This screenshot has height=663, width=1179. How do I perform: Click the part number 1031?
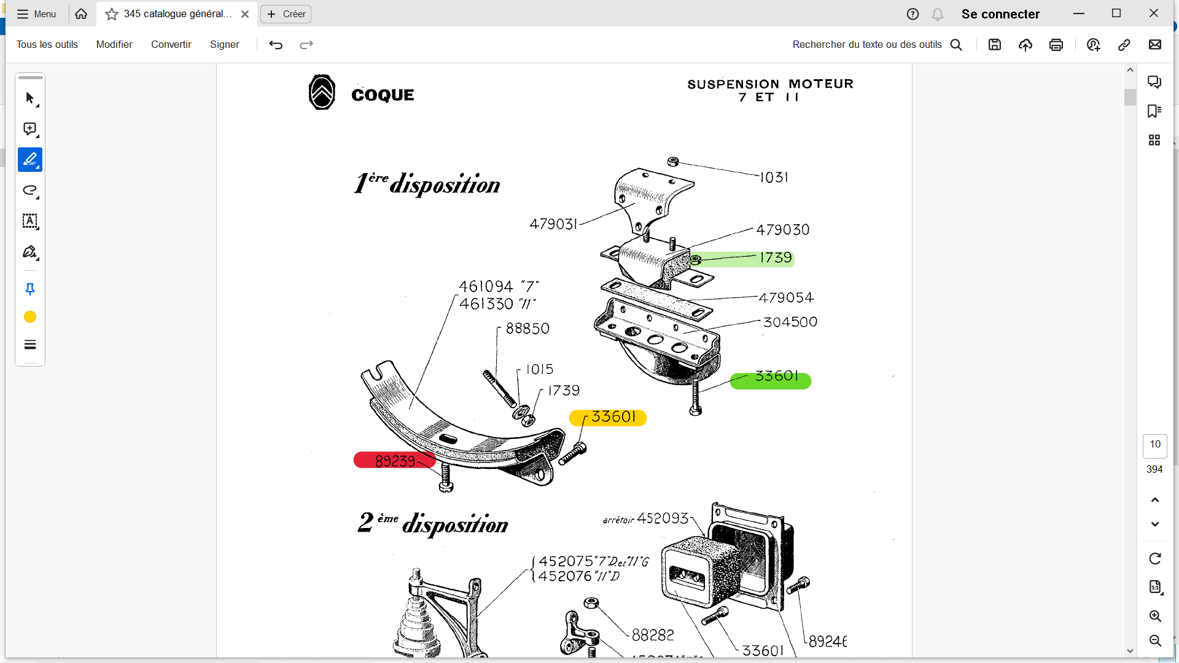click(x=774, y=177)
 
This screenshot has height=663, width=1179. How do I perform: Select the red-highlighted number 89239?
click(x=395, y=461)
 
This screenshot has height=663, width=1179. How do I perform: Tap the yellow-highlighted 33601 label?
click(x=613, y=417)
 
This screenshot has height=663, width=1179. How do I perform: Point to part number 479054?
click(x=786, y=298)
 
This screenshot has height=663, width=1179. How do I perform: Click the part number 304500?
click(x=790, y=322)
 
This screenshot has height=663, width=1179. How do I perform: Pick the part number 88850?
click(x=527, y=329)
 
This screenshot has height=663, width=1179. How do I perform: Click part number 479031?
click(x=553, y=224)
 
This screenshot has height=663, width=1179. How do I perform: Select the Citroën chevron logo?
click(x=322, y=93)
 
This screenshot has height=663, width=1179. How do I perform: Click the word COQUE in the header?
click(x=383, y=95)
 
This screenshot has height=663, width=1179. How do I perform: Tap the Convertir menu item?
click(x=171, y=45)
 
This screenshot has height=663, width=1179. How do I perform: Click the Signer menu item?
click(x=224, y=45)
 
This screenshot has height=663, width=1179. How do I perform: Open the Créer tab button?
click(x=286, y=14)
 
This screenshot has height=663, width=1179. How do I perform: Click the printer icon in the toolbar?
click(x=1056, y=45)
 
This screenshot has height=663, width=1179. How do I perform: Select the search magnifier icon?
click(x=956, y=45)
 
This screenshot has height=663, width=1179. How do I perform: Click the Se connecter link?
click(x=1000, y=14)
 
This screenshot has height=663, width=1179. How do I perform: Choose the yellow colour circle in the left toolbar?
click(x=30, y=317)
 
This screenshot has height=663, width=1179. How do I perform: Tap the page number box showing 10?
click(x=1154, y=444)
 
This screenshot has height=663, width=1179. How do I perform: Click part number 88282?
click(x=653, y=635)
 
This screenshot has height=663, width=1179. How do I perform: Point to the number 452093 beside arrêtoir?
click(x=663, y=519)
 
